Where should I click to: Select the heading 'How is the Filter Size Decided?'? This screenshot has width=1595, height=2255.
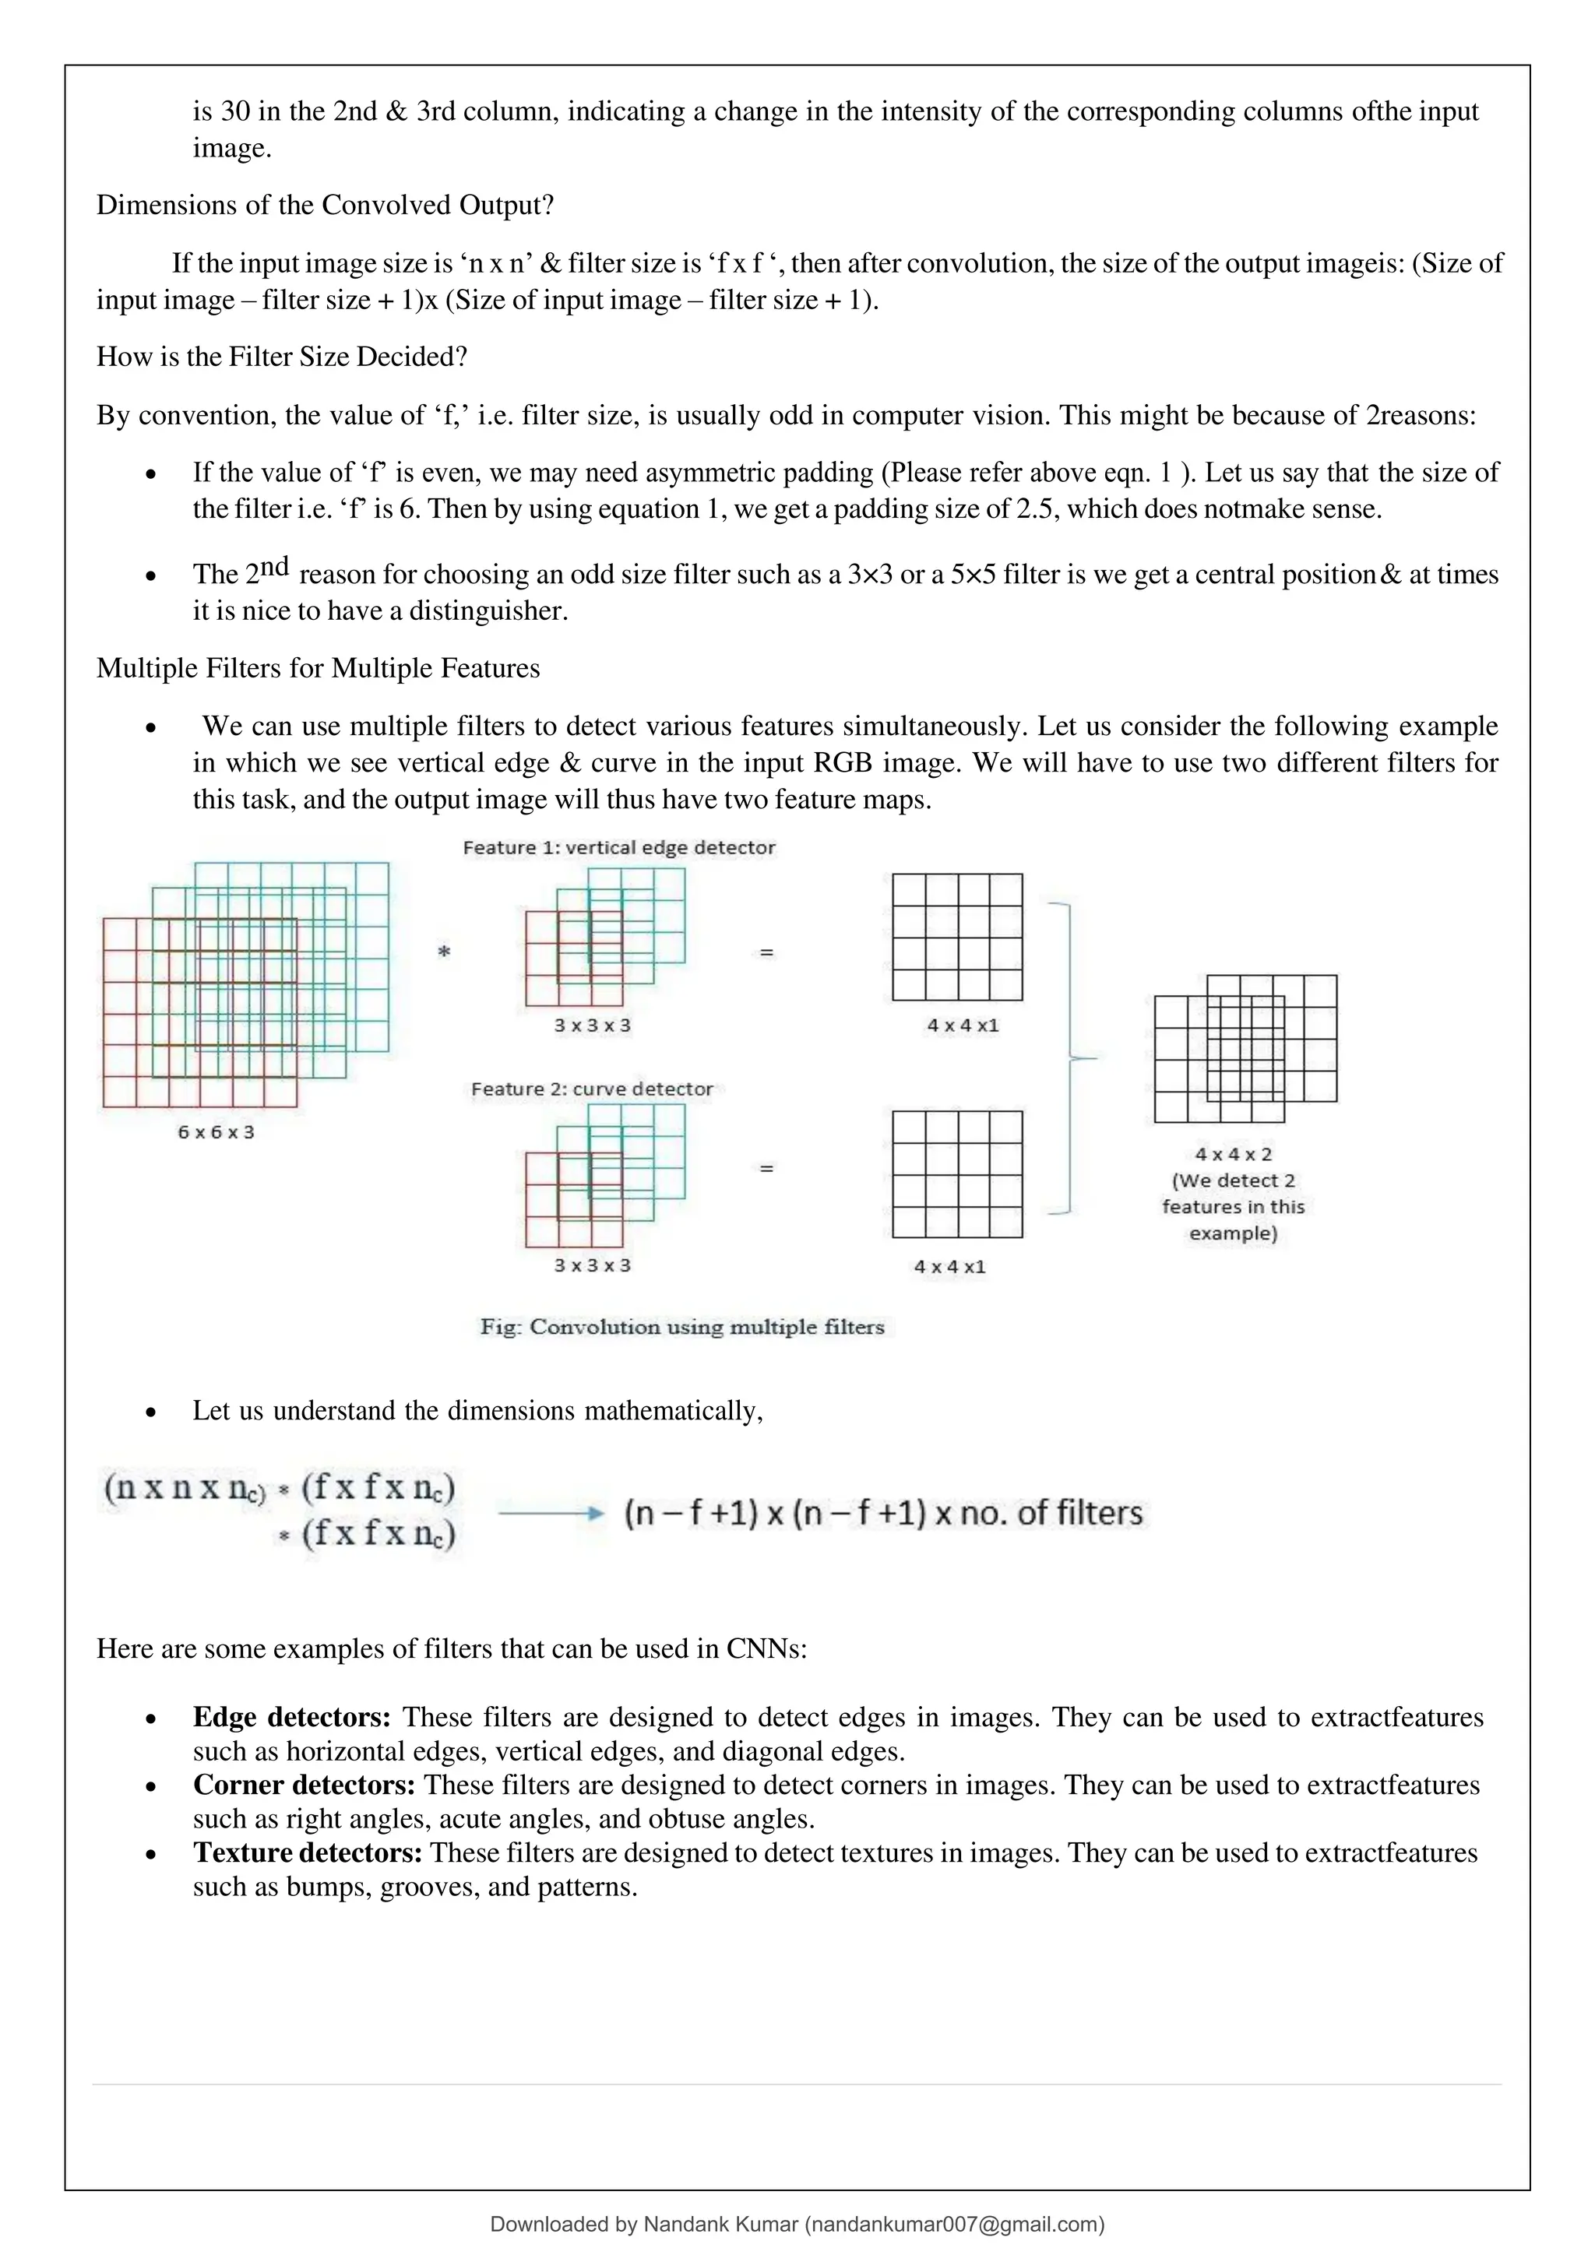click(282, 356)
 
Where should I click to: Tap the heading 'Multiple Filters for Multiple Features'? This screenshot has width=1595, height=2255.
click(319, 668)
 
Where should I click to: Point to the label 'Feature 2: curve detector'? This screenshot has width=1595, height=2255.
click(591, 1089)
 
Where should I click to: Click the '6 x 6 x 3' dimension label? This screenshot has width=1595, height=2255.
click(215, 1132)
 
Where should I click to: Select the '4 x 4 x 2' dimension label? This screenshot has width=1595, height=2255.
click(1233, 1154)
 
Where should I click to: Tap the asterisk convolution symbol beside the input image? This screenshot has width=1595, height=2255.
click(444, 952)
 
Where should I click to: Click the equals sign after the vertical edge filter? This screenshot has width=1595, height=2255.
click(767, 952)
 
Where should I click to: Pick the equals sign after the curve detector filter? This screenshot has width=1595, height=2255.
click(767, 1168)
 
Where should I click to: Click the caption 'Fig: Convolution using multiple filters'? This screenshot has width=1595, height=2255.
click(681, 1327)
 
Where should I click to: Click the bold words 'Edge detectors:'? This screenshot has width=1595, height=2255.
click(292, 1717)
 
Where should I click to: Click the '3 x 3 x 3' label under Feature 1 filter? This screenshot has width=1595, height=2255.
click(592, 1025)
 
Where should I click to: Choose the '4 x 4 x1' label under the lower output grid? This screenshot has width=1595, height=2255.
click(949, 1267)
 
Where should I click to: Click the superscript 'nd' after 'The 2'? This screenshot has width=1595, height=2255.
click(274, 566)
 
